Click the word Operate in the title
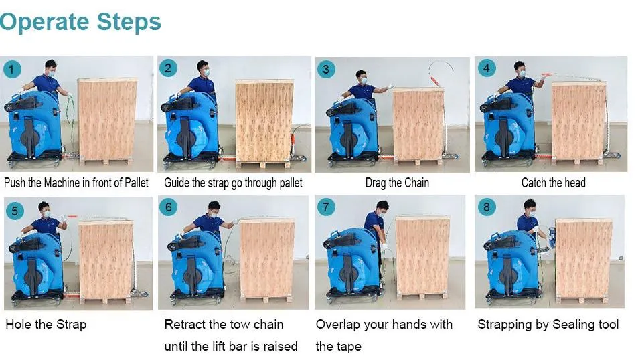(x=44, y=22)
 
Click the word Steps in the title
(x=129, y=21)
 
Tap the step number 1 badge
(x=11, y=70)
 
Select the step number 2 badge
(x=168, y=68)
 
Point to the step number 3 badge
(x=326, y=70)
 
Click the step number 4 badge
(x=486, y=68)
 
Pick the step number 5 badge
(x=15, y=211)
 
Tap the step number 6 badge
(x=168, y=207)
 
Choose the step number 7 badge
(x=326, y=207)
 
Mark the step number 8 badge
(x=486, y=207)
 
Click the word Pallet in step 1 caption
(x=137, y=183)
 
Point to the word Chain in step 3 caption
(x=416, y=183)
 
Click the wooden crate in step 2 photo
(x=264, y=121)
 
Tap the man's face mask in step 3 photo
(x=363, y=81)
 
